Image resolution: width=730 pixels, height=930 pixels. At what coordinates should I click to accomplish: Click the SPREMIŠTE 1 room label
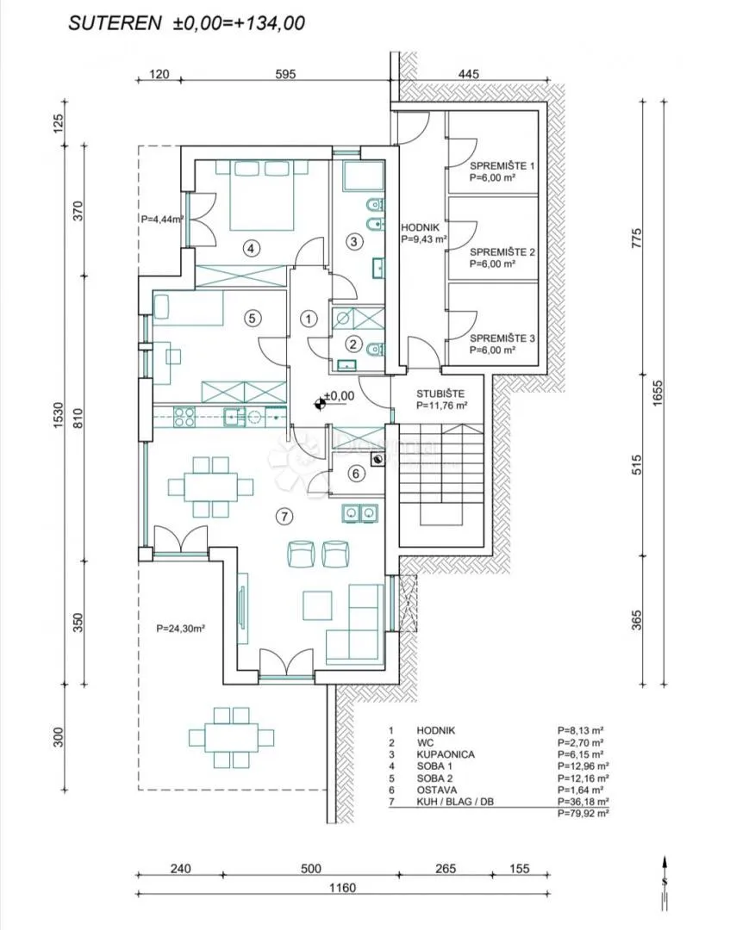pos(502,166)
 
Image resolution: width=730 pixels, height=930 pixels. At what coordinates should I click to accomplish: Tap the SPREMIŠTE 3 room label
pos(502,338)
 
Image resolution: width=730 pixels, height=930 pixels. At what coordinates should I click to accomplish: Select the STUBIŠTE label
pos(440,394)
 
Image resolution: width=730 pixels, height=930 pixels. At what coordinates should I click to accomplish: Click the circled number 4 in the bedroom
pos(251,249)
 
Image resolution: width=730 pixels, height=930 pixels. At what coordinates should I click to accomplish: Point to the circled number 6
pos(355,474)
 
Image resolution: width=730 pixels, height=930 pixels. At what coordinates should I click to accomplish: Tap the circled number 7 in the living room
pos(284,517)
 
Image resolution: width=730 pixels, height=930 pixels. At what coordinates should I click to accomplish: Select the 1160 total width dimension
pos(342,887)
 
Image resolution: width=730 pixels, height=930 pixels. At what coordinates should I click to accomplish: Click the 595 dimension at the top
pos(285,74)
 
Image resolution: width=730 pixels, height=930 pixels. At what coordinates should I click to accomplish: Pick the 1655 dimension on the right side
pos(657,392)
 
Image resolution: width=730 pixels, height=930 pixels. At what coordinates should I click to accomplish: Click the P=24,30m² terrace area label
pos(180,629)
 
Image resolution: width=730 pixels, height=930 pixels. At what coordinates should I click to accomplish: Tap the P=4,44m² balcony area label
pos(162,219)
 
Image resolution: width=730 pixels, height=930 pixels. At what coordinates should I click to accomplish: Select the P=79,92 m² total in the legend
pos(583,814)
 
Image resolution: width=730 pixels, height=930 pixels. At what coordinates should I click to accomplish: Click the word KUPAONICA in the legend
pos(445,754)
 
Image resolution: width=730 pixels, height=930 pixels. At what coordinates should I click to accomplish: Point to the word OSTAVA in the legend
pos(437,790)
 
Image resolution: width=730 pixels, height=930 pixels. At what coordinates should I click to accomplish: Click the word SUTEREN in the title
pos(115,23)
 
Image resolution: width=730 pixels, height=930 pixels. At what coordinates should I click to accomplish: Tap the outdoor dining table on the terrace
pos(232,737)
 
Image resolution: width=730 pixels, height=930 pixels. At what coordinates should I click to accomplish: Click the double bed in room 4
pos(262,195)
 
